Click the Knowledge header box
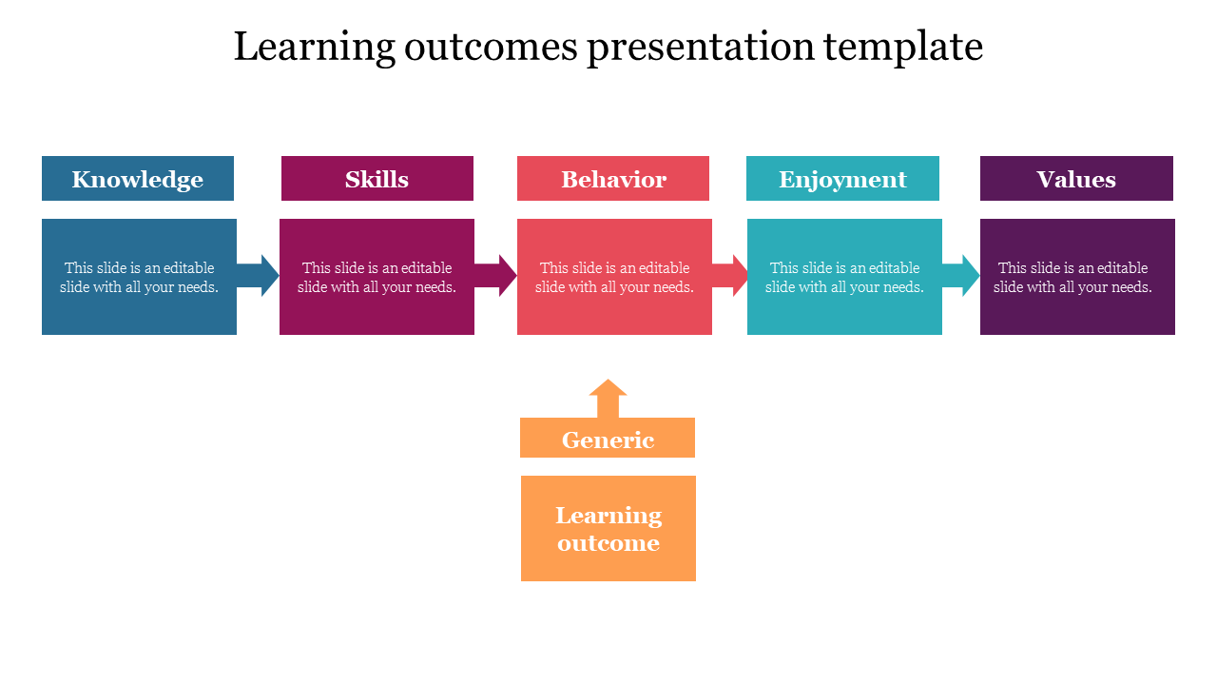138,179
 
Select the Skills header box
377,179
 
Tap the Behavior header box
613,179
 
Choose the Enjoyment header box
842,179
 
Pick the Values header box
1076,179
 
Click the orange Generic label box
608,439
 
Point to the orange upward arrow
608,398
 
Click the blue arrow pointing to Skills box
258,276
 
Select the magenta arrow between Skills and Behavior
495,276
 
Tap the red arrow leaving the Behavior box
730,276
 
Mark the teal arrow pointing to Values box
961,276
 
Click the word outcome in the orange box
608,543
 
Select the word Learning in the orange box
608,516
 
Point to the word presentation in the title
701,47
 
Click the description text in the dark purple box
1072,277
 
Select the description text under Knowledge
139,277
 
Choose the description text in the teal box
844,277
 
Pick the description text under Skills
377,277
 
